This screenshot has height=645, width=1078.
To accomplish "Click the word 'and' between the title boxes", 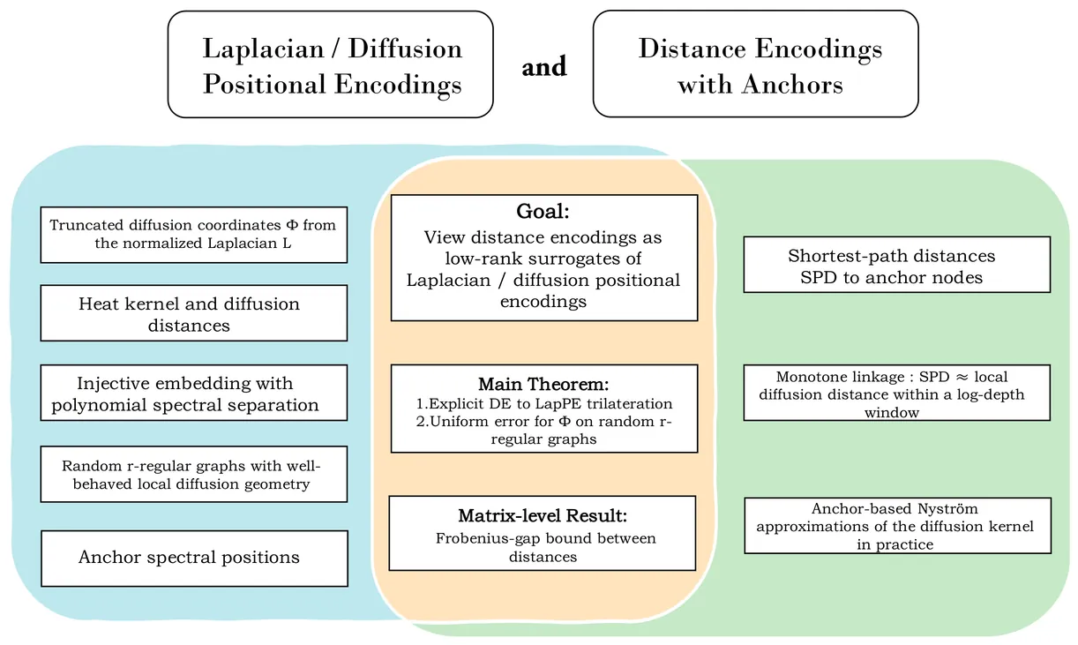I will [543, 67].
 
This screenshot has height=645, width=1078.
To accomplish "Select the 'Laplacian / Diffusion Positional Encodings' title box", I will [330, 64].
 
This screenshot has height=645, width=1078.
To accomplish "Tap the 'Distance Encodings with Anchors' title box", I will [755, 64].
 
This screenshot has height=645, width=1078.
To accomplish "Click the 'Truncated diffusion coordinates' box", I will [193, 235].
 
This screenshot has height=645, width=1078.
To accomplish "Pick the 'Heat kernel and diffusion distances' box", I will [193, 314].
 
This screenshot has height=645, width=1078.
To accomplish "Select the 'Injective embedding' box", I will [193, 394].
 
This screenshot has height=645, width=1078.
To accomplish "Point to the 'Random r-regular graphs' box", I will [193, 474].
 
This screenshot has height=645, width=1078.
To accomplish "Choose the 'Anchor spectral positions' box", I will [193, 558].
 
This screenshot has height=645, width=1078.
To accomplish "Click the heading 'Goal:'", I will [543, 213].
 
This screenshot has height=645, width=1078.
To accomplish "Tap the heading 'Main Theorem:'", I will [543, 384].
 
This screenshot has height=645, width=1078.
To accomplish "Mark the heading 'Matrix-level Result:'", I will [542, 516].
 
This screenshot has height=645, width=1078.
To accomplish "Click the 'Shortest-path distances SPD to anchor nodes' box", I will [896, 266].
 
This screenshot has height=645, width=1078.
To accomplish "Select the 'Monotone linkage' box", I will [896, 394].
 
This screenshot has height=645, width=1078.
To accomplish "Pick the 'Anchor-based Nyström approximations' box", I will [896, 526].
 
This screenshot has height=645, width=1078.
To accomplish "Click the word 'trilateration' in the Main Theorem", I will [629, 403].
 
